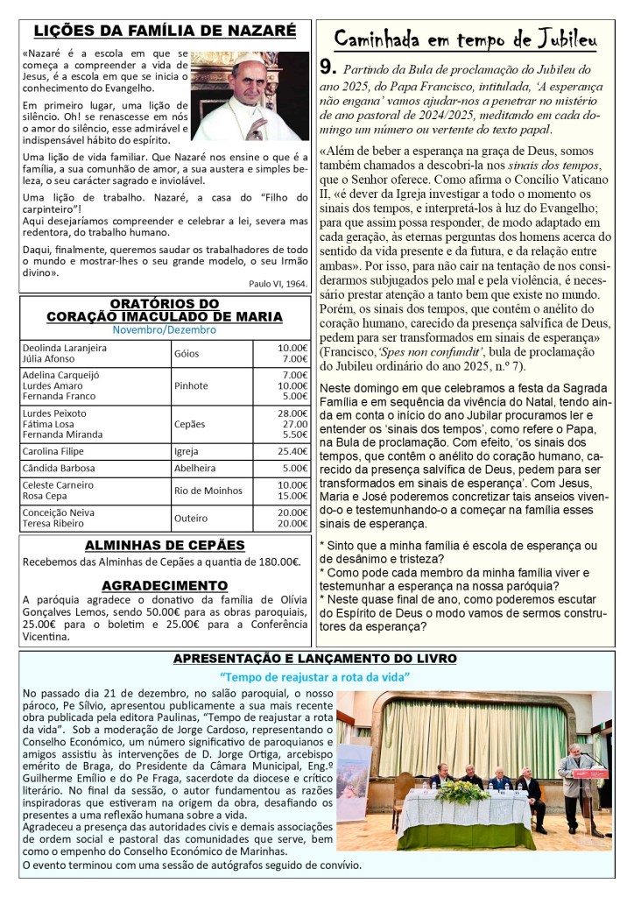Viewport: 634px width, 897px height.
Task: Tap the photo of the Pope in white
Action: coord(250,96)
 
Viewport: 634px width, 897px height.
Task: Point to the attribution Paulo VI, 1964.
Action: coord(278,284)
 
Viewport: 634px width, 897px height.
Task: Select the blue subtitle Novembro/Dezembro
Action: coord(165,330)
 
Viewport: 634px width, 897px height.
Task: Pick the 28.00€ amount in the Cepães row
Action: coord(292,413)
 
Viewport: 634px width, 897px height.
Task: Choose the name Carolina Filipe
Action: coord(55,451)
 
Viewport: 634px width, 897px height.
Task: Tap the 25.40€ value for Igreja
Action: coord(292,451)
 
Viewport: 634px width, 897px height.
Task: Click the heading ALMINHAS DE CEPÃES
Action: coord(165,545)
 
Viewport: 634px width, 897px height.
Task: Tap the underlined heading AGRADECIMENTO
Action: coord(165,584)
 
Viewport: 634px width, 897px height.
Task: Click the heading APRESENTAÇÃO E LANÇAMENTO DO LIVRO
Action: coord(313,658)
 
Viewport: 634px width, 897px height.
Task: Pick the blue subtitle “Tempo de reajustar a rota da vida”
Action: coord(315,676)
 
